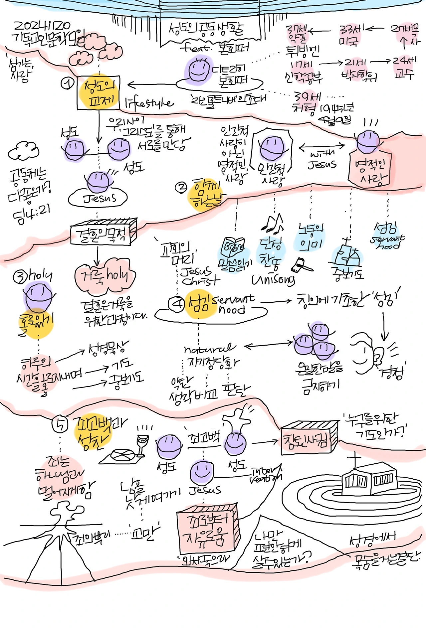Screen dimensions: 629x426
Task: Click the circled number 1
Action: [x=67, y=83]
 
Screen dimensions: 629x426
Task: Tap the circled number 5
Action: [x=60, y=424]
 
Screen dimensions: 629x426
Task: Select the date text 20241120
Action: [x=42, y=26]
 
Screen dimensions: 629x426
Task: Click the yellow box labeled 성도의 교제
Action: [x=99, y=92]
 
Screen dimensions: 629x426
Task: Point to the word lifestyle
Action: [x=149, y=103]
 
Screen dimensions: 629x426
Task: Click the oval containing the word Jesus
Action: [x=98, y=198]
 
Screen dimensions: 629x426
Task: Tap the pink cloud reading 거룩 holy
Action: [x=105, y=276]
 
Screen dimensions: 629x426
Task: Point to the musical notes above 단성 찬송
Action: [x=274, y=223]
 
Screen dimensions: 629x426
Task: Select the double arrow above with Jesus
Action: [x=321, y=146]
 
